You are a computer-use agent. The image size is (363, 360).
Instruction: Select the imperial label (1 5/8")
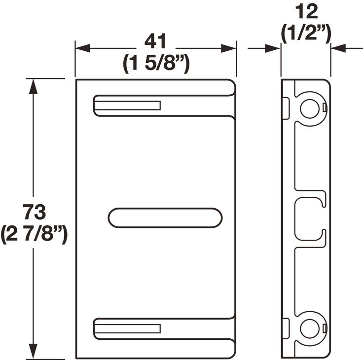[156, 64]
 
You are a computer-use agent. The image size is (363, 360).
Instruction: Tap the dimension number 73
[34, 213]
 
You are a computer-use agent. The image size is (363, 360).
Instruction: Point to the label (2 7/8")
[34, 234]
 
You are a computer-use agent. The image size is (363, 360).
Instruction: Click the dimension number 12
[306, 11]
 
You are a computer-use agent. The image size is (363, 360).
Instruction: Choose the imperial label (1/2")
[306, 34]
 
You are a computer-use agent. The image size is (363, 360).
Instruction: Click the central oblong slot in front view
[165, 217]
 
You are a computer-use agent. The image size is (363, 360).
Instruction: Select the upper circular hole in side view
[309, 108]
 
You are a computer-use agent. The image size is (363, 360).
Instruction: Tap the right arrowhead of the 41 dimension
[229, 48]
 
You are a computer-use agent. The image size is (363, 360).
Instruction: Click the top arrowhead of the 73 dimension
[33, 87]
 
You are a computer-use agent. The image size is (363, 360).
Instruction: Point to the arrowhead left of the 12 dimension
[273, 48]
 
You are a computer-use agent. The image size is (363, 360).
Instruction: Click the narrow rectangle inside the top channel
[128, 106]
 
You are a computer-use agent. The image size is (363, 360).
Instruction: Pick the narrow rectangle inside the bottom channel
[128, 329]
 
